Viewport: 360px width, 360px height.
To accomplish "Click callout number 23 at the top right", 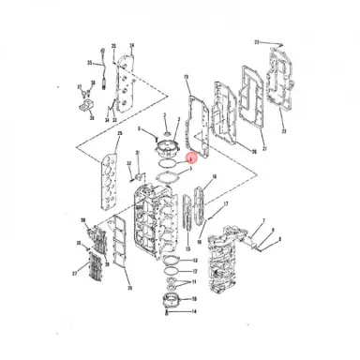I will point(257,43).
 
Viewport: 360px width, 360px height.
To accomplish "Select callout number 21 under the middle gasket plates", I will point(264,148).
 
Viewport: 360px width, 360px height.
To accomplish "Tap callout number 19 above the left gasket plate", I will point(187,77).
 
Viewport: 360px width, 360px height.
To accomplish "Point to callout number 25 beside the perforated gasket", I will point(118,135).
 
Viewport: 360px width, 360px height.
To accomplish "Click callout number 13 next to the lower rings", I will point(194,270).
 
